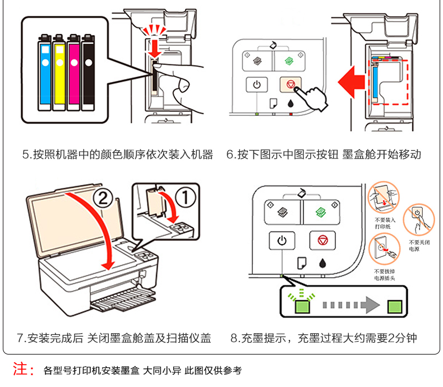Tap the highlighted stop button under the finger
pos(290,85)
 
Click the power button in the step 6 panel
pos(257,85)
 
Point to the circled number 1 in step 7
pos(184,197)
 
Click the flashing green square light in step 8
pos(302,306)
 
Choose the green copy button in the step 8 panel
pos(321,212)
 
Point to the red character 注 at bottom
pos(21,370)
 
